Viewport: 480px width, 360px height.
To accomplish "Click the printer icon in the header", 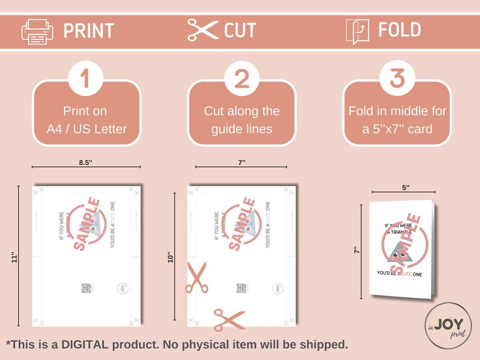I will pyautogui.click(x=37, y=31).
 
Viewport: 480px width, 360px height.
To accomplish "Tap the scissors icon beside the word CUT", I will pyautogui.click(x=203, y=30).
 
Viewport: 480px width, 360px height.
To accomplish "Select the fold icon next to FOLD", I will pyautogui.click(x=357, y=31).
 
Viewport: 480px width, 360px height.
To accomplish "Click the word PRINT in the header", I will pyautogui.click(x=88, y=30).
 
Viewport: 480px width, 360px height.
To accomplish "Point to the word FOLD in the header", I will pyautogui.click(x=400, y=30).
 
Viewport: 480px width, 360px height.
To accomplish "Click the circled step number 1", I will pyautogui.click(x=86, y=79).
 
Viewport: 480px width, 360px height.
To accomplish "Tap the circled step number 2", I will pyautogui.click(x=241, y=79).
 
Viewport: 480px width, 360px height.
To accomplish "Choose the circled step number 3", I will pyautogui.click(x=397, y=79).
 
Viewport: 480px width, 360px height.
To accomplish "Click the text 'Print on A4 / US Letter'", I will pyautogui.click(x=86, y=120).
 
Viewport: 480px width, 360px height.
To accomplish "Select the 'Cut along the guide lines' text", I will pyautogui.click(x=241, y=120).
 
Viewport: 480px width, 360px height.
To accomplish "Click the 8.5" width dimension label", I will pyautogui.click(x=86, y=162).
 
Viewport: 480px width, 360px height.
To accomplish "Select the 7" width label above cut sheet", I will pyautogui.click(x=241, y=162).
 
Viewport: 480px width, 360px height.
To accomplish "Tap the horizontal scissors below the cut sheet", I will pyautogui.click(x=229, y=319).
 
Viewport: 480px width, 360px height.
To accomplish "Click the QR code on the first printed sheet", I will pyautogui.click(x=86, y=288).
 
